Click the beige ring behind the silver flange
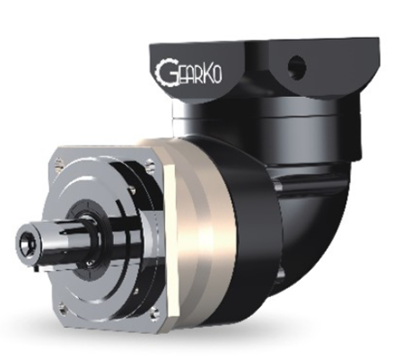[194, 215]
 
